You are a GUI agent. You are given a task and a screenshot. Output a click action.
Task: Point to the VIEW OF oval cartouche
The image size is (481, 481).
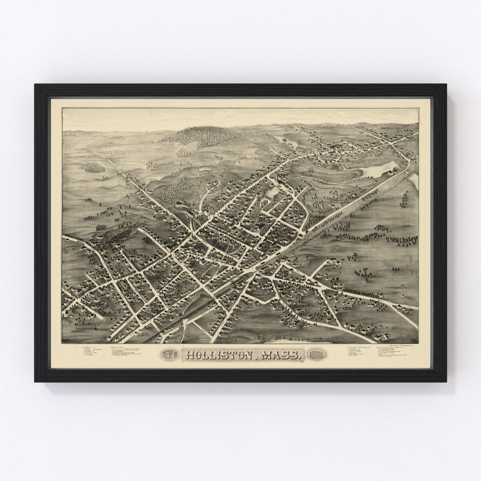tap(169, 355)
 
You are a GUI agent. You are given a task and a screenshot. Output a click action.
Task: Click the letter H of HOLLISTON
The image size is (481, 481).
tap(190, 355)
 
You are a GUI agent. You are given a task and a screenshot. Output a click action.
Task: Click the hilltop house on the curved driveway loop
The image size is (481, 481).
tap(212, 184)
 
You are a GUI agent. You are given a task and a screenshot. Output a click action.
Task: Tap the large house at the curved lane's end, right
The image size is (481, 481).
tap(333, 264)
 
